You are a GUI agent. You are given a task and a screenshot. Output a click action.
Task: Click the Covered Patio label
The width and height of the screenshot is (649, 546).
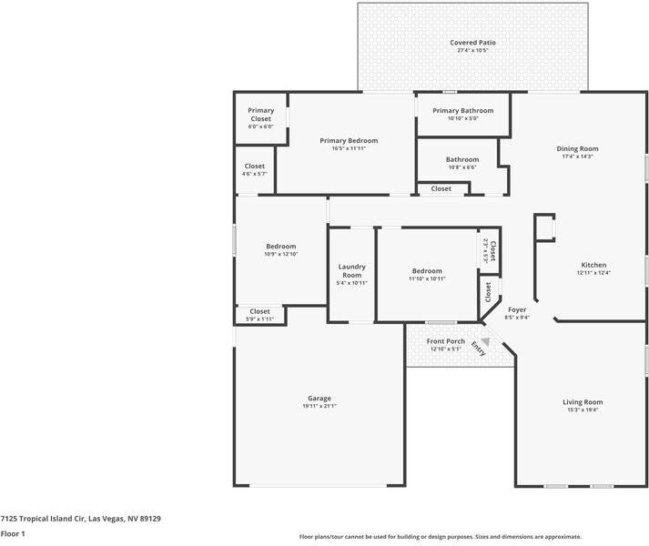(x=472, y=42)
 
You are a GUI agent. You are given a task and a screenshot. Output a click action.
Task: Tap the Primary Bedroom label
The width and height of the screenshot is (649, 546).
(x=349, y=141)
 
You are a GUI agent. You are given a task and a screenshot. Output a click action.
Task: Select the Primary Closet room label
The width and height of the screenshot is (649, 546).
(x=261, y=115)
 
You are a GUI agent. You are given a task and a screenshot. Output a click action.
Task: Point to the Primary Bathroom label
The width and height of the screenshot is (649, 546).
(x=462, y=110)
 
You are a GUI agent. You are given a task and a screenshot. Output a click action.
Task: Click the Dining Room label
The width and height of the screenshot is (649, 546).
(x=577, y=148)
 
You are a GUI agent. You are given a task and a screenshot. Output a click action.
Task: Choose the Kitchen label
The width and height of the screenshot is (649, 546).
(x=593, y=265)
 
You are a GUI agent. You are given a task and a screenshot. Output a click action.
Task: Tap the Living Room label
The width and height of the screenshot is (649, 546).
(x=583, y=401)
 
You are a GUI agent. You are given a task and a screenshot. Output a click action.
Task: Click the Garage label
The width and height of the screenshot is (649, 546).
(x=319, y=398)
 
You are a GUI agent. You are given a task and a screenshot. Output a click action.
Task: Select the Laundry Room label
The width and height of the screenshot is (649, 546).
(x=352, y=270)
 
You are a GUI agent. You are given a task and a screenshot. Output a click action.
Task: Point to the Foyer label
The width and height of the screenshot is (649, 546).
(x=517, y=309)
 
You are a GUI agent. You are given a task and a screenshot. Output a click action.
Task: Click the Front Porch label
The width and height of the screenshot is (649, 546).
(x=446, y=341)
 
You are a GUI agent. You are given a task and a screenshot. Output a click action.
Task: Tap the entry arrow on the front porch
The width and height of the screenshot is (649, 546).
(x=485, y=343)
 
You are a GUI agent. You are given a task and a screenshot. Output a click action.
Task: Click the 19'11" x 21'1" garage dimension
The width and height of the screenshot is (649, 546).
(x=319, y=406)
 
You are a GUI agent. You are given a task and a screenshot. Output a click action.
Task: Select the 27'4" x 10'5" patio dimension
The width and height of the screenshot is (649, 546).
(x=472, y=50)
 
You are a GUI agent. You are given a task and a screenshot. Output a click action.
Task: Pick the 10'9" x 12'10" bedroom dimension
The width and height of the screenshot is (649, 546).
(x=280, y=254)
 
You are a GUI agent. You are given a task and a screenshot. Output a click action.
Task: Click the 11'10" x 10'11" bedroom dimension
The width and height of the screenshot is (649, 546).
(x=427, y=278)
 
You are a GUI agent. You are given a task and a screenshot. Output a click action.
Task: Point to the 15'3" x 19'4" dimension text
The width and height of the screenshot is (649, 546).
(x=583, y=409)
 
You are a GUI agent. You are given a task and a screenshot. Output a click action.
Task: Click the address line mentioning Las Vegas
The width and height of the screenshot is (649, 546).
(x=80, y=519)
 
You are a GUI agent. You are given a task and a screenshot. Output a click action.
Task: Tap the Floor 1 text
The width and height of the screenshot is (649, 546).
(x=13, y=534)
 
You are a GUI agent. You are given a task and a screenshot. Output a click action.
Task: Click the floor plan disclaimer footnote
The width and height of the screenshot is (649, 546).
(x=440, y=537)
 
